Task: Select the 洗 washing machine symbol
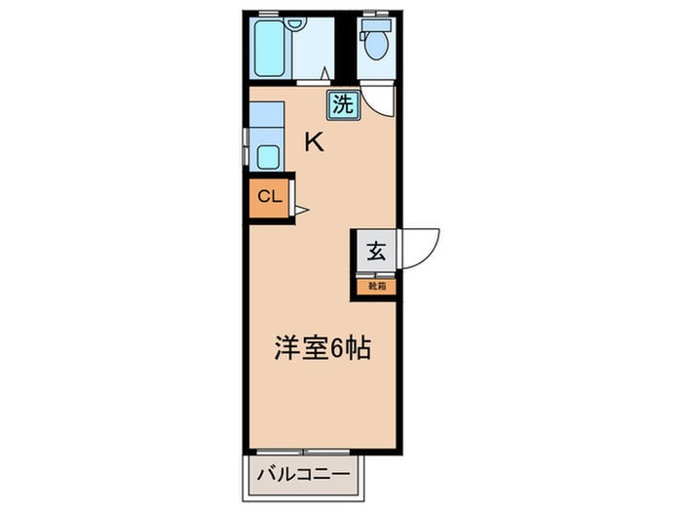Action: pos(343,104)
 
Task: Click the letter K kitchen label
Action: pos(314,142)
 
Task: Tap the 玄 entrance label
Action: pos(376,251)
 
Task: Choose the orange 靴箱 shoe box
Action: pos(376,287)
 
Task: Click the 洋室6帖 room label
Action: pos(321,348)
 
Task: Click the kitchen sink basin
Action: pos(268,158)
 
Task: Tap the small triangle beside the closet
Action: pos(301,208)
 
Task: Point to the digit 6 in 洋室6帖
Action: pos(338,348)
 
